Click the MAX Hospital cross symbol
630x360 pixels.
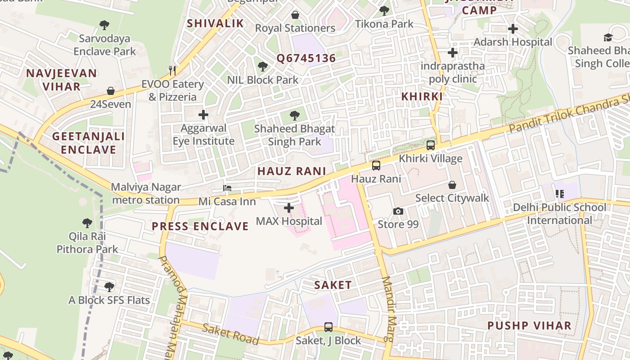point(289,208)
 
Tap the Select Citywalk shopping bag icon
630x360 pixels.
point(452,185)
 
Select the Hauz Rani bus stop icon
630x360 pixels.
point(376,166)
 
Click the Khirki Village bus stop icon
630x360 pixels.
point(431,145)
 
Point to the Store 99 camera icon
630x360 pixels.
point(398,211)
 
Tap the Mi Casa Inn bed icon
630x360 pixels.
point(228,188)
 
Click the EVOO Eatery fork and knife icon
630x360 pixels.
point(172,70)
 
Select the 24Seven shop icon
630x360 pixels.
point(111,91)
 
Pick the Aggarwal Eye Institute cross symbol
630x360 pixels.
point(203,115)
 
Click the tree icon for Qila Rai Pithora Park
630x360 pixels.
point(87,223)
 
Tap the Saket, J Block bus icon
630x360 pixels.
point(328,327)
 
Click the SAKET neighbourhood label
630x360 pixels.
point(333,285)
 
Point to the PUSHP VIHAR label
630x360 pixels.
point(529,325)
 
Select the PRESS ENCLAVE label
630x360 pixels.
point(200,226)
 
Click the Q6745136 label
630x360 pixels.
point(306,58)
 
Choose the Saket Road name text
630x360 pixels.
point(230,333)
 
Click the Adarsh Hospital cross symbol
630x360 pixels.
point(513,29)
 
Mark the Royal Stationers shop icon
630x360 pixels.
point(295,15)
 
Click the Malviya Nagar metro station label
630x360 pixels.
point(146,193)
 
